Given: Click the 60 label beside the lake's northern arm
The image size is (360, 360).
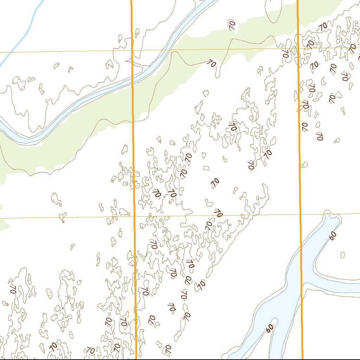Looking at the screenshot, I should [333, 236].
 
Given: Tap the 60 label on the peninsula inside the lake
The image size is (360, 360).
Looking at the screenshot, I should [270, 328].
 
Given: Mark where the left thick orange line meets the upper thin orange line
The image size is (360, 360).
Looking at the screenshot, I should [132, 50].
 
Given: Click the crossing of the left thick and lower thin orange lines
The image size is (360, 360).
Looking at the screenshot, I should [134, 217].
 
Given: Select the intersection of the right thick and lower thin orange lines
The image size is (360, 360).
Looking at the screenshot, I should [301, 214].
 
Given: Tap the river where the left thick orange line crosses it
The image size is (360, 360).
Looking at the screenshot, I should [132, 81].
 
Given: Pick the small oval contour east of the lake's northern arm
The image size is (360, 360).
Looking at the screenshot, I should [343, 255].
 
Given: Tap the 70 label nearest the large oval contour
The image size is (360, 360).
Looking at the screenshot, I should [232, 25].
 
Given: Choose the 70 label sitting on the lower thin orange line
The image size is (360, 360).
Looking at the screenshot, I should [219, 213].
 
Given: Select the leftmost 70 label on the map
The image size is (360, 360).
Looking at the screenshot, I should [13, 289].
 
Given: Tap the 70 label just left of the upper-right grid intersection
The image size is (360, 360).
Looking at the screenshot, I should [285, 53].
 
